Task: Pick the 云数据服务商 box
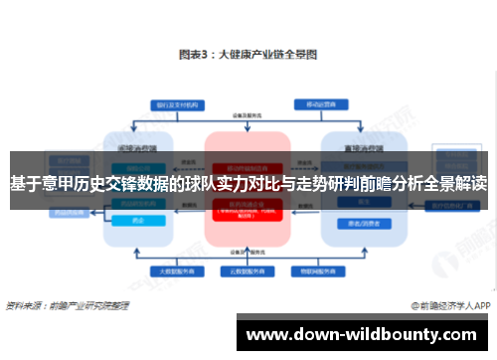248,270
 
